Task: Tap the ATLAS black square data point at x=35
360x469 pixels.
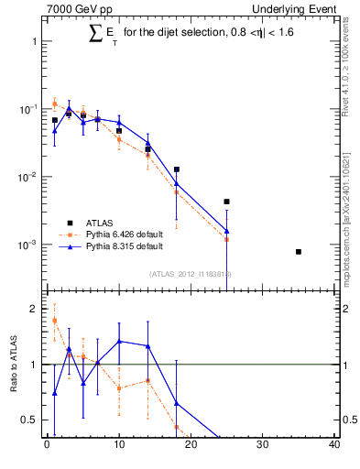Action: click(299, 251)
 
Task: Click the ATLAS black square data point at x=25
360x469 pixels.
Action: click(226, 202)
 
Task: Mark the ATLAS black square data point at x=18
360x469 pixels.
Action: click(176, 169)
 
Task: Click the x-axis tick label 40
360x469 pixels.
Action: click(334, 447)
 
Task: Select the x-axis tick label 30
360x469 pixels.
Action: click(262, 447)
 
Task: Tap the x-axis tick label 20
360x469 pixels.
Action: click(191, 447)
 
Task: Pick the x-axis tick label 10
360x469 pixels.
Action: click(118, 447)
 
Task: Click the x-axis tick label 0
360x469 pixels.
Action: click(47, 447)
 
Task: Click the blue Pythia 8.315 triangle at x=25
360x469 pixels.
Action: click(226, 231)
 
